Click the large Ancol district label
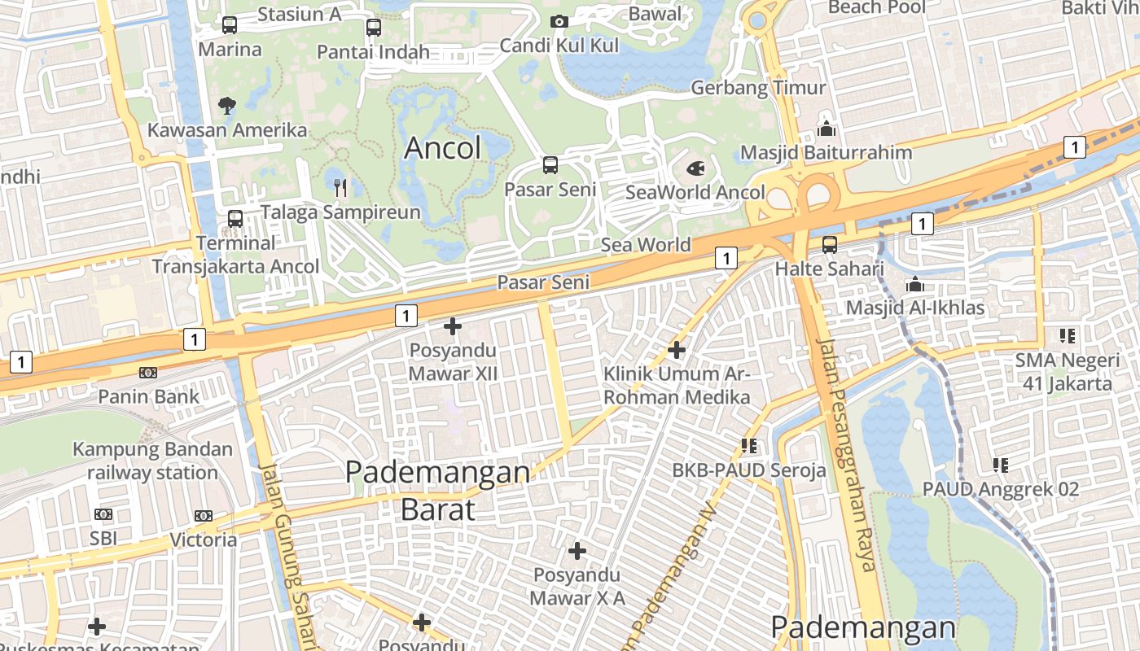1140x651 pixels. coord(442,148)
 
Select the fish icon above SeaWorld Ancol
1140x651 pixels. coord(696,168)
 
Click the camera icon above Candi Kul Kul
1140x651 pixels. coord(559,21)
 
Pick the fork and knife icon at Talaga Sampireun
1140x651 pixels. coord(340,188)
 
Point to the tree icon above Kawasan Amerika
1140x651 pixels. coord(227,104)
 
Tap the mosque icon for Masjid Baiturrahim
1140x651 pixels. coord(826,129)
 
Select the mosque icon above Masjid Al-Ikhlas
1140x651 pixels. coord(915,284)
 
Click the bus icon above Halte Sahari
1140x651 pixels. coord(829,244)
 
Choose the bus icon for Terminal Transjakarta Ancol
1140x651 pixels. coord(235,218)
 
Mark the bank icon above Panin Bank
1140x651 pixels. coord(148,373)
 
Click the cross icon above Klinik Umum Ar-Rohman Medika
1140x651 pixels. coord(676,350)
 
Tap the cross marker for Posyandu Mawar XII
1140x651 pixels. coord(452,326)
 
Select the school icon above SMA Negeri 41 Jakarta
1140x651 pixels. coord(1067,335)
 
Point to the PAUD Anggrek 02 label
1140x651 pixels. coord(1000,489)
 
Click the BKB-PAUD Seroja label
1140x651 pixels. coord(748,470)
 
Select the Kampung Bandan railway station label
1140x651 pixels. coord(152,461)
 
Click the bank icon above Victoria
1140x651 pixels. coord(204,515)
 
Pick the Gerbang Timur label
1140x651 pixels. coord(758,87)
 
